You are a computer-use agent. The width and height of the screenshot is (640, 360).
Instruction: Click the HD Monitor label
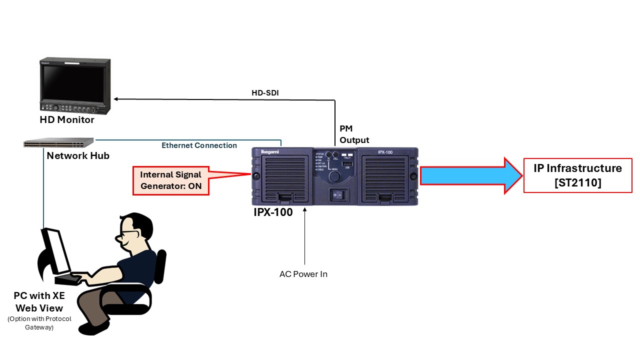(x=67, y=120)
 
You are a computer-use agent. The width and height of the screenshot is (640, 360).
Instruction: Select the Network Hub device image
(x=58, y=143)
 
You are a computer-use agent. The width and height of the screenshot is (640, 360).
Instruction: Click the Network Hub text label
(x=78, y=156)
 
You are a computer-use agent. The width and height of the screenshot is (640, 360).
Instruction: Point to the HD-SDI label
(x=265, y=93)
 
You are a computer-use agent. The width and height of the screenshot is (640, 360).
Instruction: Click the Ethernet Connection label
(x=199, y=145)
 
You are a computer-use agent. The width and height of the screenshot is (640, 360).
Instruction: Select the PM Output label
(x=354, y=134)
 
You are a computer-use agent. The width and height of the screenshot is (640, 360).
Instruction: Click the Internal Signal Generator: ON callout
(x=170, y=180)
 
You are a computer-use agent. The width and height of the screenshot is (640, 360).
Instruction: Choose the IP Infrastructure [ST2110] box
(x=577, y=175)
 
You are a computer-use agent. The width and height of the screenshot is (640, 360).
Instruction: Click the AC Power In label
(x=303, y=274)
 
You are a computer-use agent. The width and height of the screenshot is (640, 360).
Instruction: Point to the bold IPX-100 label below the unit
(x=273, y=212)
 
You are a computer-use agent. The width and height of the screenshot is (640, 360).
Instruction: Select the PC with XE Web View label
(x=39, y=302)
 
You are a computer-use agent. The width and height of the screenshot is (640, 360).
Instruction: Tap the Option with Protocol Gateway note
(x=39, y=323)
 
